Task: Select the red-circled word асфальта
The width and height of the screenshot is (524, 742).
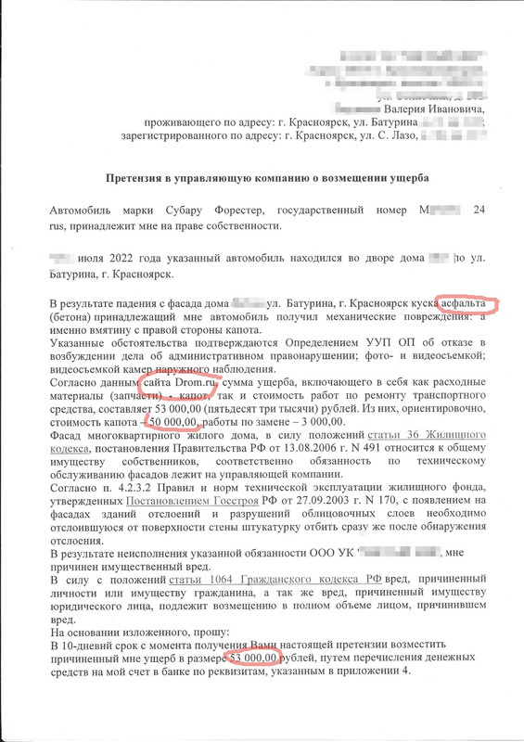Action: (466, 303)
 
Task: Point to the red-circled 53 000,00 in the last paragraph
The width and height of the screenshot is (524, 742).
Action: (251, 658)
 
